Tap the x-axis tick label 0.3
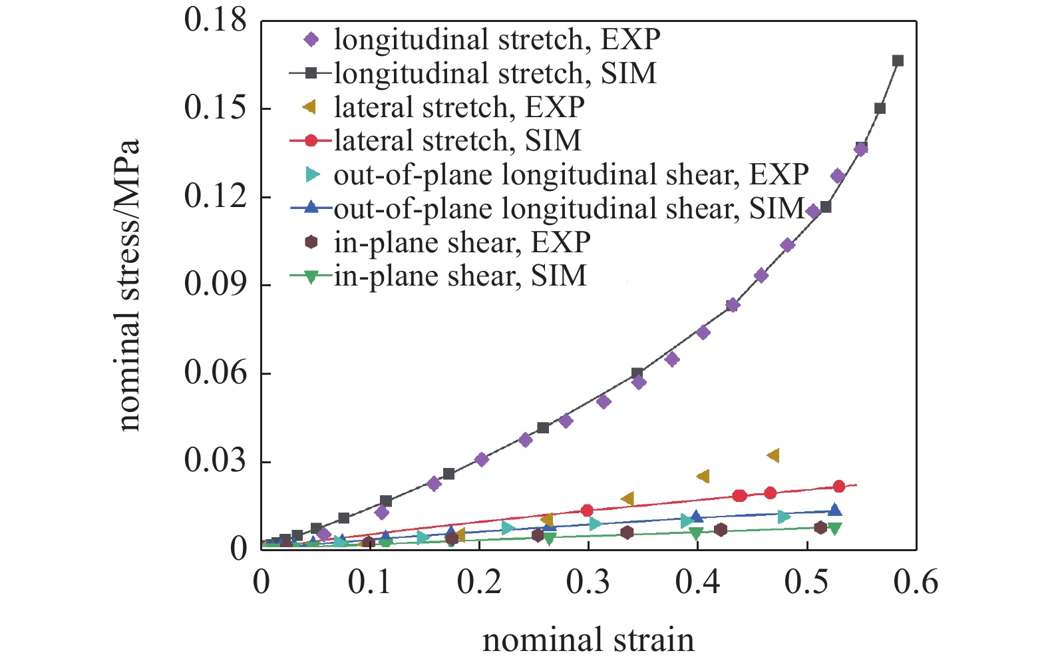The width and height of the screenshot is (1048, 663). [588, 582]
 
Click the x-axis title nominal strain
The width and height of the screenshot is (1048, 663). [588, 640]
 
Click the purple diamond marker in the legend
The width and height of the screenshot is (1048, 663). [311, 39]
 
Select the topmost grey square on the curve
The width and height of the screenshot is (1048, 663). [898, 61]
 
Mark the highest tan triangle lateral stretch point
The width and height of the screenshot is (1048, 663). [773, 455]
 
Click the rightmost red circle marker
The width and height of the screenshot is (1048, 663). [838, 487]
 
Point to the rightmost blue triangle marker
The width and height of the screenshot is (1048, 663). [834, 510]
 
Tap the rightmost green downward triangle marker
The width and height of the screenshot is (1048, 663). [834, 529]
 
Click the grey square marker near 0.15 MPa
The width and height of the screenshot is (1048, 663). [880, 109]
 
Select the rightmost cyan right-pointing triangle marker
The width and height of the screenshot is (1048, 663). [784, 517]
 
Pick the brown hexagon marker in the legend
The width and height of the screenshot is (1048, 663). [311, 242]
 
